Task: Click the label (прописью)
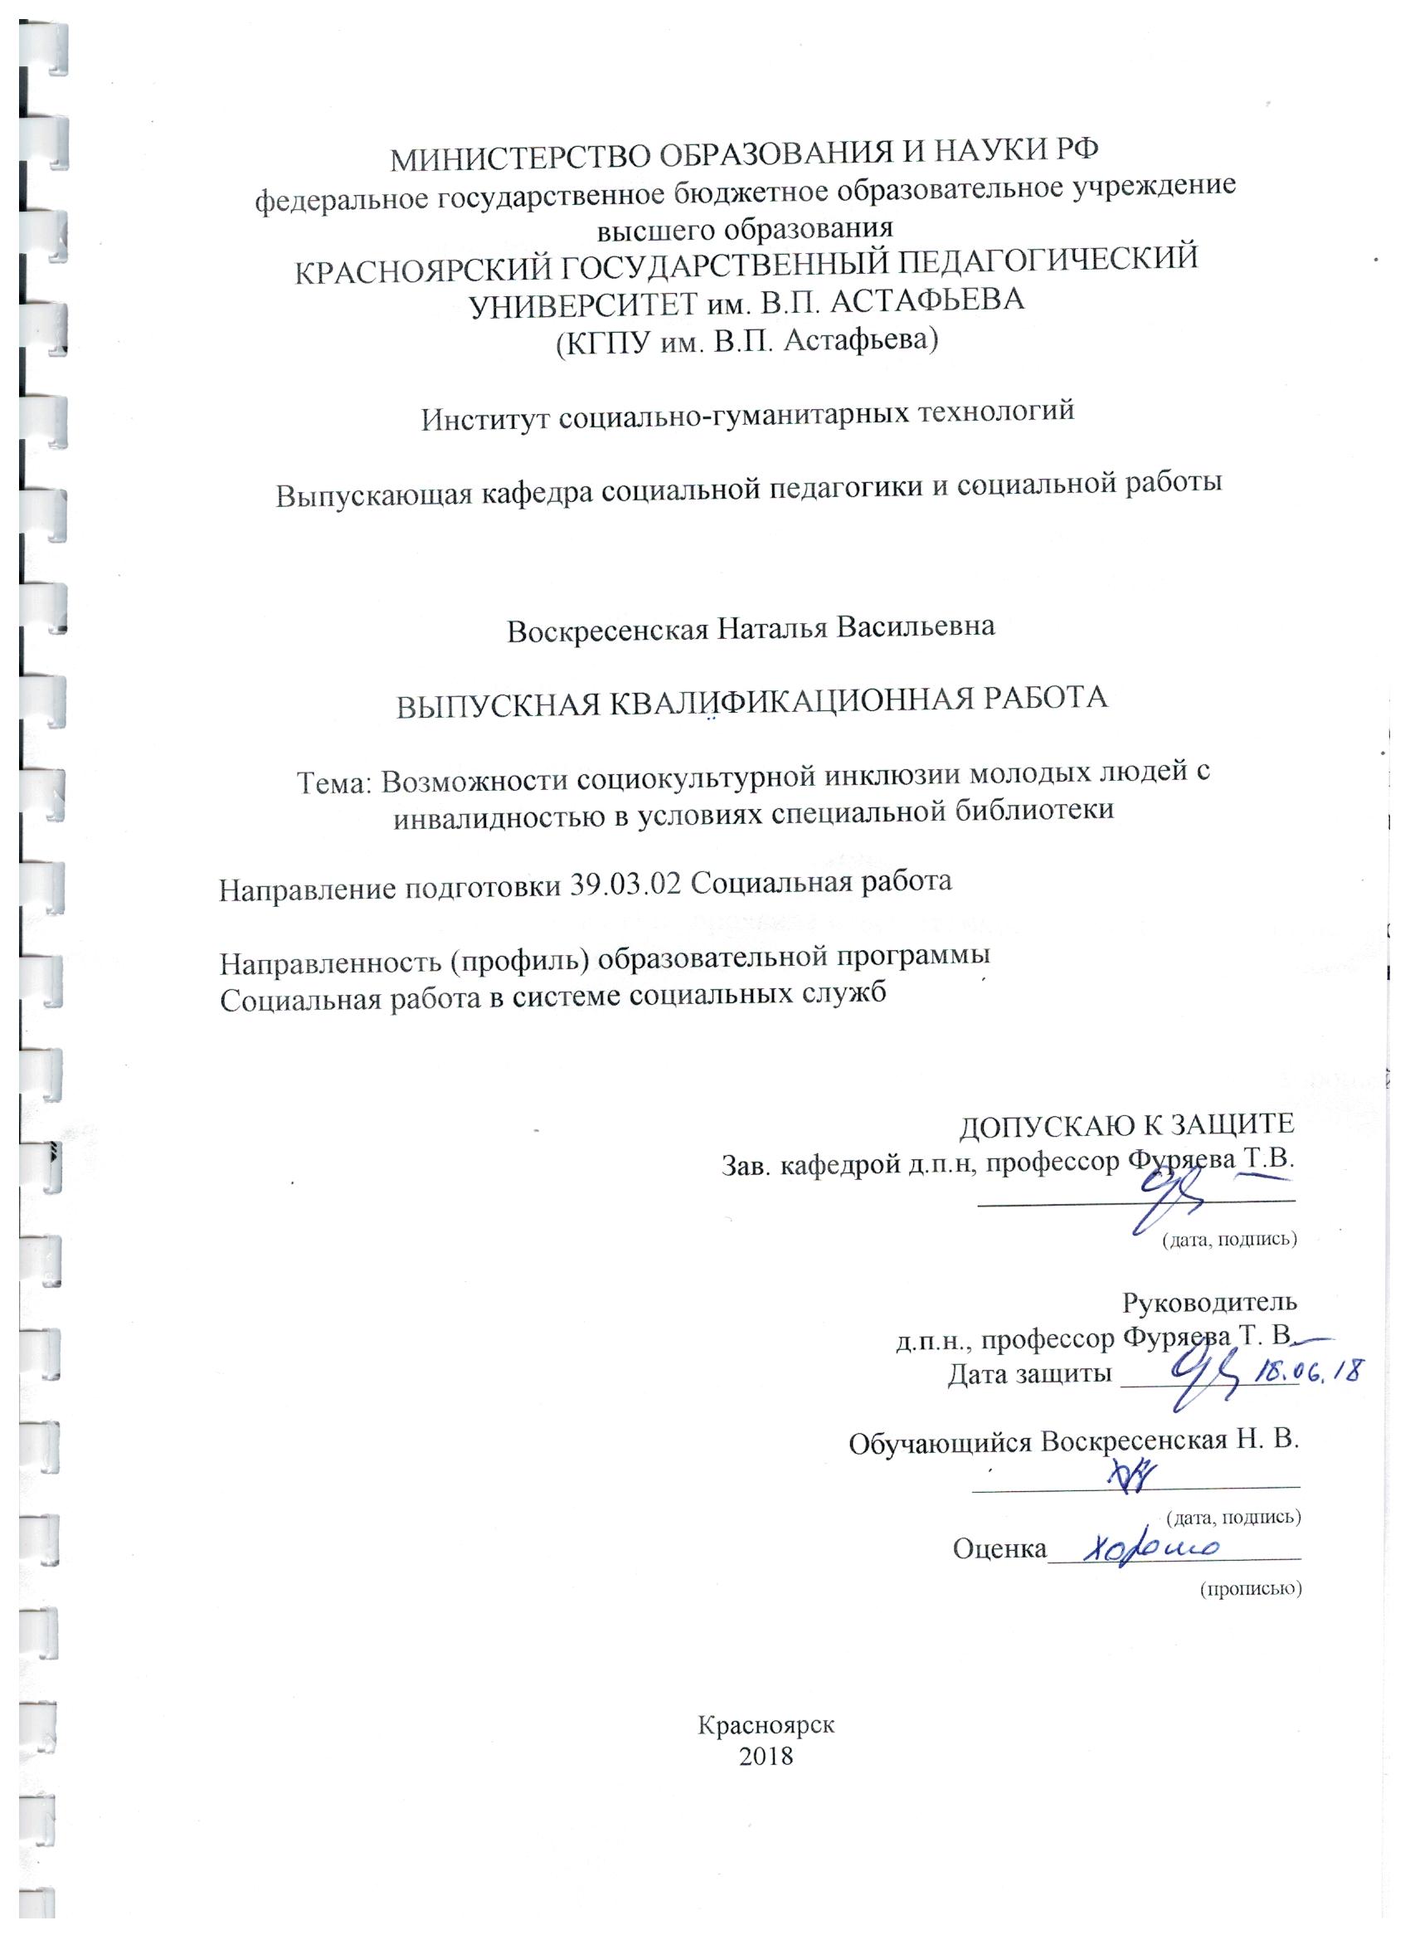pyautogui.click(x=1250, y=1588)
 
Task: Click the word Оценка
pyautogui.click(x=999, y=1548)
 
